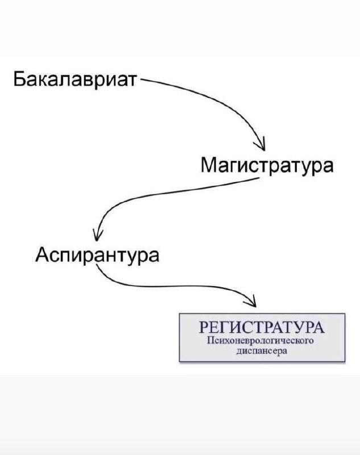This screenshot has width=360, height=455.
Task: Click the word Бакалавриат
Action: (x=75, y=79)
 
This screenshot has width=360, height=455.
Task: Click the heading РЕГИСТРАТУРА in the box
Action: (x=262, y=329)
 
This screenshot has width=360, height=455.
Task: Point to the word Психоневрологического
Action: (x=262, y=341)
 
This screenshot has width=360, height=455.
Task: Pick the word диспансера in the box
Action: (x=262, y=351)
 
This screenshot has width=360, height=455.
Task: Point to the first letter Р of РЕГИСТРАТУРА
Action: (x=205, y=329)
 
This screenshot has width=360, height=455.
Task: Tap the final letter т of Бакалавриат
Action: (x=133, y=80)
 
